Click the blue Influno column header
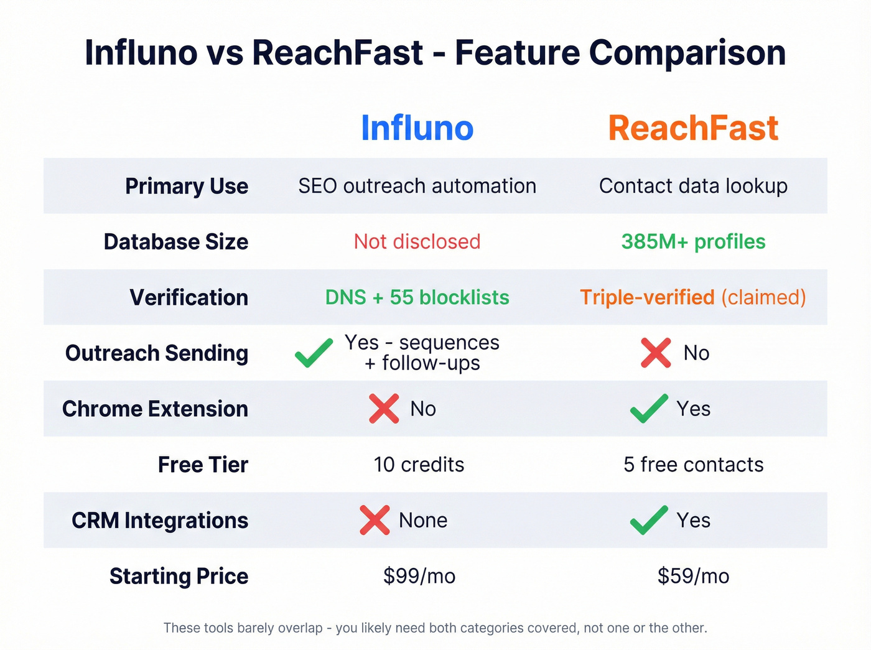pyautogui.click(x=417, y=128)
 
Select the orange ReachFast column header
pyautogui.click(x=693, y=128)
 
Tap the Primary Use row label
pyautogui.click(x=187, y=186)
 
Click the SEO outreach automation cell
pyautogui.click(x=417, y=186)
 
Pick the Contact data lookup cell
pyautogui.click(x=693, y=186)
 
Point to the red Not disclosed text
pyautogui.click(x=417, y=241)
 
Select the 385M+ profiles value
pyautogui.click(x=693, y=241)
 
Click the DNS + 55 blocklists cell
pyautogui.click(x=417, y=297)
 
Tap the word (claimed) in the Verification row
pyautogui.click(x=763, y=297)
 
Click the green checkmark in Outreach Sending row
pyautogui.click(x=314, y=353)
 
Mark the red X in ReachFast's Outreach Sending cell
pyautogui.click(x=656, y=353)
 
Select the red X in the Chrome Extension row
pyautogui.click(x=384, y=409)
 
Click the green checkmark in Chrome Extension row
pyautogui.click(x=649, y=409)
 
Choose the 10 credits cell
pyautogui.click(x=419, y=465)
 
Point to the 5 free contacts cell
pyautogui.click(x=693, y=465)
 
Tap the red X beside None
pyautogui.click(x=375, y=520)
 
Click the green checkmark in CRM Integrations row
pyautogui.click(x=649, y=520)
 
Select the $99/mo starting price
pyautogui.click(x=419, y=576)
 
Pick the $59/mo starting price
pyautogui.click(x=693, y=576)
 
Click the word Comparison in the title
pyautogui.click(x=687, y=52)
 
